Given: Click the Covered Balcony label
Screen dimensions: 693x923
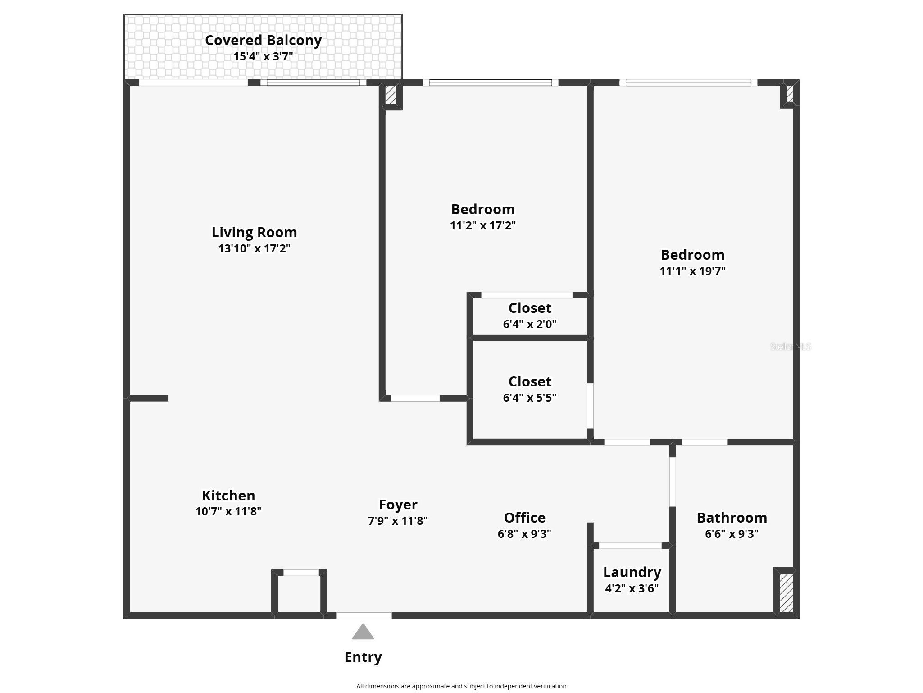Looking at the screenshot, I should (x=263, y=40).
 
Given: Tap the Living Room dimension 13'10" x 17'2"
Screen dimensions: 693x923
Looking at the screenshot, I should (x=254, y=248).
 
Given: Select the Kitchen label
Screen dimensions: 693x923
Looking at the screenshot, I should (x=228, y=496).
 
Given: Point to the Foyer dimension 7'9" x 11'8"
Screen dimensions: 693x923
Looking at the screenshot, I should (x=398, y=521).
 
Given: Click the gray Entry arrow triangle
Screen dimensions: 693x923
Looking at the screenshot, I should (x=363, y=632).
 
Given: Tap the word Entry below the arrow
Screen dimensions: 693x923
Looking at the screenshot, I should (x=363, y=657).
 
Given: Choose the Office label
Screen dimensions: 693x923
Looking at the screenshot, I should (x=524, y=517).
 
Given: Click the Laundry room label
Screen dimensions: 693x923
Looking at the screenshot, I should (x=632, y=572).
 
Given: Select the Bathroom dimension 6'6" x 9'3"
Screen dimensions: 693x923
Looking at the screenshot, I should (x=732, y=534).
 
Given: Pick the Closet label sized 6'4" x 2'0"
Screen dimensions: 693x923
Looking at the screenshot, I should (x=530, y=308).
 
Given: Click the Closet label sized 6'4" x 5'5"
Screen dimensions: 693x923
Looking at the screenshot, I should (x=530, y=381).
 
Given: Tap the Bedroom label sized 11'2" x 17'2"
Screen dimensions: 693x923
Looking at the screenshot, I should (x=483, y=209).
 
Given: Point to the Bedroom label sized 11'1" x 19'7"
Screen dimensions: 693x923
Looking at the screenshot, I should (x=692, y=255).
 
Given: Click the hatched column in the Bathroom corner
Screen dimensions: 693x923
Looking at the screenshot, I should (x=786, y=592).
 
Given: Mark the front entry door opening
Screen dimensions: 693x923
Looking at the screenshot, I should (x=364, y=615).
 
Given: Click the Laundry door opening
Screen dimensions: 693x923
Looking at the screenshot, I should (x=630, y=546).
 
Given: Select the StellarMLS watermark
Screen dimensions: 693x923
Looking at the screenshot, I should (x=791, y=346).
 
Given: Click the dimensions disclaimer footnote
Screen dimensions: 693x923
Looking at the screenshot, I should (x=461, y=686).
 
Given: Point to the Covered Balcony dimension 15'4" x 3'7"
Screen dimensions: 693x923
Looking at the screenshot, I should (x=263, y=57).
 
